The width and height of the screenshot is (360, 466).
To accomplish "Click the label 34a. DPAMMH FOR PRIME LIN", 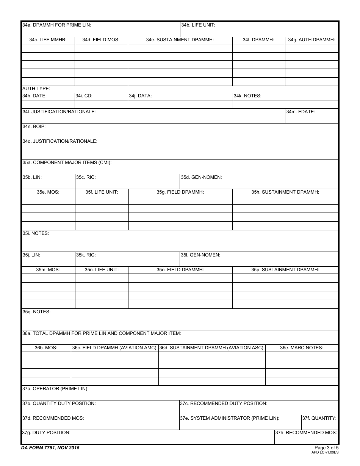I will (x=57, y=25).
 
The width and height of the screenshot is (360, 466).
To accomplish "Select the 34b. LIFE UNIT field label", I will (x=198, y=25).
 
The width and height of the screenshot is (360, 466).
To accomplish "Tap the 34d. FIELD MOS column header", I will (x=101, y=40).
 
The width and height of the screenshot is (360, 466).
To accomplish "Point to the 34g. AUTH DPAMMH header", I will (x=311, y=40).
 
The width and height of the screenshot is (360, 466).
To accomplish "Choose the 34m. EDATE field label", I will (x=301, y=112).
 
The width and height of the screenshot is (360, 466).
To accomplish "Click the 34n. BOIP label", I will (x=34, y=127).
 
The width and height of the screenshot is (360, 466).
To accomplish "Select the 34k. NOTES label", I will (x=247, y=96).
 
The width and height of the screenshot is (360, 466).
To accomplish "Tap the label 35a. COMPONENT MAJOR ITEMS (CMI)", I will (x=67, y=163).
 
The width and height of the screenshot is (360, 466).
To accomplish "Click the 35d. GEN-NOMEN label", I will (x=201, y=177).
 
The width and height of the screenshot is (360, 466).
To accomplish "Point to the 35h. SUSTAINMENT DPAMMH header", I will (x=285, y=192).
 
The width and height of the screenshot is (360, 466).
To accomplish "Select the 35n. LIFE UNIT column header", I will (x=102, y=270).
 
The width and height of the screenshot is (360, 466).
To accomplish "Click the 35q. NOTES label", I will (x=36, y=312).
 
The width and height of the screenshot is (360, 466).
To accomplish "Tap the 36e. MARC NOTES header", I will (x=302, y=348).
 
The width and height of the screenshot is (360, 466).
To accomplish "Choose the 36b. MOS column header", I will (x=46, y=348).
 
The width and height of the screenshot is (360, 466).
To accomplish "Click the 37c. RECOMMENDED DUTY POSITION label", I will (x=224, y=403).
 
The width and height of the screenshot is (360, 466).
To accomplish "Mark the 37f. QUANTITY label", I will (x=319, y=418).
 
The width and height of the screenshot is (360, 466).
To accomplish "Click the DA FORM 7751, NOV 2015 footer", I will (x=50, y=448).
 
